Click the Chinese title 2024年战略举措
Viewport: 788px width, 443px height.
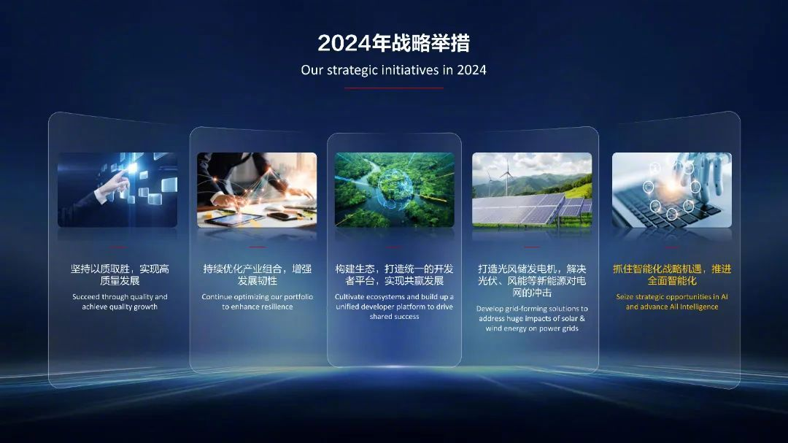393,43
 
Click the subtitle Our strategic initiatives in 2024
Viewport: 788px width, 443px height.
393,70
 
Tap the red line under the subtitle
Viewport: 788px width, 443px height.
393,88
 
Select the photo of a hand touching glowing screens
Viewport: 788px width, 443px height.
117,190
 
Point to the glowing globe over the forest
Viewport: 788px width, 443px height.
395,190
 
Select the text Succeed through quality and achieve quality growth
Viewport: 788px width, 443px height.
120,301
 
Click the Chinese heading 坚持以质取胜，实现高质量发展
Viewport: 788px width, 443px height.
120,274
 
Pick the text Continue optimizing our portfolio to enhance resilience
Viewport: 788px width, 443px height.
258,301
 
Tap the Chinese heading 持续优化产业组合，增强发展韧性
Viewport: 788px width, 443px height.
258,274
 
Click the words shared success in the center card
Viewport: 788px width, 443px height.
395,316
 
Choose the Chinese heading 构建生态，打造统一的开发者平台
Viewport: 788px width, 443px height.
395,274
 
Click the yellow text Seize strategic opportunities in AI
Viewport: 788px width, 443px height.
672,297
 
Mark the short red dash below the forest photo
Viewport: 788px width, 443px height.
394,247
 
